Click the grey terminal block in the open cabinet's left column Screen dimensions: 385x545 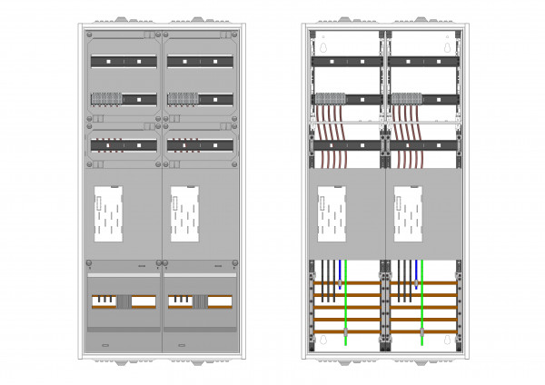point(331,99)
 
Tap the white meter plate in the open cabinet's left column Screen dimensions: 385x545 point(330,215)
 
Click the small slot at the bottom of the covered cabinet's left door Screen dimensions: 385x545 point(105,345)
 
